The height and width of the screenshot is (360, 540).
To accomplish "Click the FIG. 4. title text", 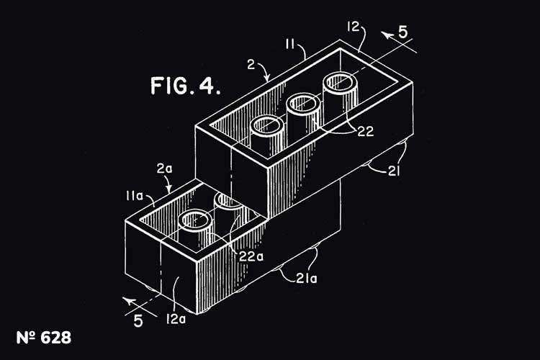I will coord(185,86).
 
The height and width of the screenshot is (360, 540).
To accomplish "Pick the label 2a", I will coord(163,168).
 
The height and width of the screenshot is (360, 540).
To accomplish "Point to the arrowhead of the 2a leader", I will coord(170,190).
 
